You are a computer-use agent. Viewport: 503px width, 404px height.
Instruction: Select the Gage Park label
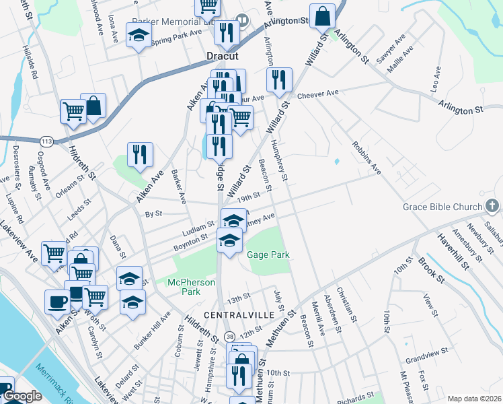point(268,255)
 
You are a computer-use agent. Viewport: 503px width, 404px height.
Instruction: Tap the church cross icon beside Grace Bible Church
point(492,205)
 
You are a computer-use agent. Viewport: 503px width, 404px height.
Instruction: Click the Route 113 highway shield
point(46,141)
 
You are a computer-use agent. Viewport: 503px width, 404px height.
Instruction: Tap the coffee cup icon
point(56,300)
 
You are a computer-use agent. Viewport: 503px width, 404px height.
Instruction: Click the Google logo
point(22,397)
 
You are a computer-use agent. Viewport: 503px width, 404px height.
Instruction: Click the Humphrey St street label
point(280,162)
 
